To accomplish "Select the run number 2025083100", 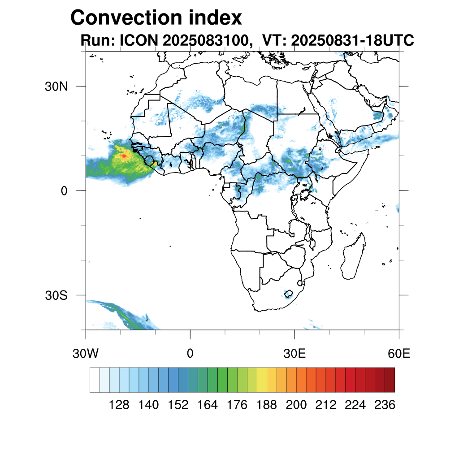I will tap(206, 41).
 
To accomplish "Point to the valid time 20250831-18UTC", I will tap(352, 41).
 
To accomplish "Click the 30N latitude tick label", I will tap(56, 86).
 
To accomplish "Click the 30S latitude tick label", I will tap(56, 295).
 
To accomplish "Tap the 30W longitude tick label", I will tap(85, 354).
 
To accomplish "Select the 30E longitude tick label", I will tap(294, 354).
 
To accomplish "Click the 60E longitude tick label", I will tap(399, 354).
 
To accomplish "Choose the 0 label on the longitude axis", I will tap(190, 354).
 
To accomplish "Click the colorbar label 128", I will tap(119, 405).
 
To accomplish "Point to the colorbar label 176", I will tap(237, 405).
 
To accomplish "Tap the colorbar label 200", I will tap(296, 405).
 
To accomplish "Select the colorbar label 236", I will tap(385, 405).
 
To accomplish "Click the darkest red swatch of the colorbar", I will tap(390, 380).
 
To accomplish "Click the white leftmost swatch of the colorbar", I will tap(95, 380).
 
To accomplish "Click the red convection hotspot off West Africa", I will tap(123, 156).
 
